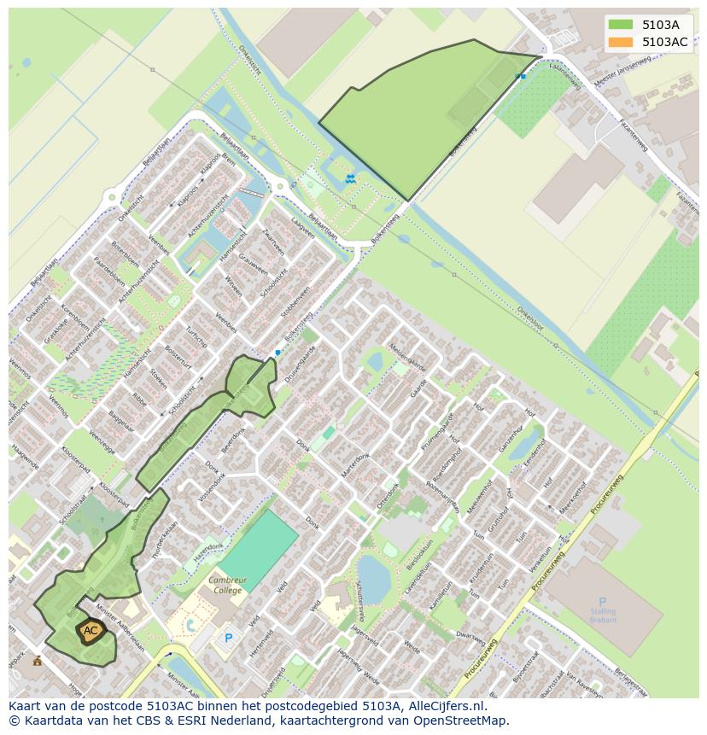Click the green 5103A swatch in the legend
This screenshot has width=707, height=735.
[620, 25]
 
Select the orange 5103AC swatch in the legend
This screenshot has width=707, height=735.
[620, 42]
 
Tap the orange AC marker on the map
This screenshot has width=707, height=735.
[91, 631]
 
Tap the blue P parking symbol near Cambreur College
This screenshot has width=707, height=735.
[228, 638]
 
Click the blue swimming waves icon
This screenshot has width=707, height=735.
[350, 178]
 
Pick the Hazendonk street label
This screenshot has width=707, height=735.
[207, 551]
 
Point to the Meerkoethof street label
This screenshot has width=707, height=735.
[572, 499]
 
